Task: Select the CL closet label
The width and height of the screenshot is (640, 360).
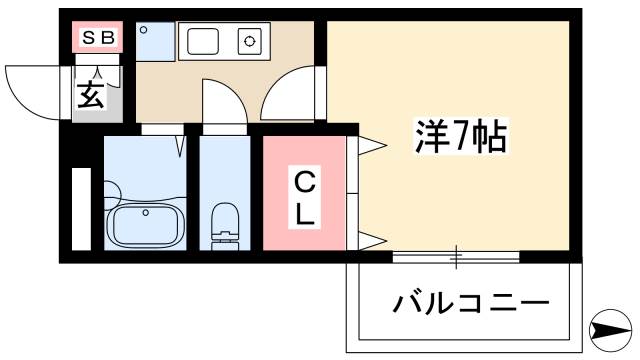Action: coord(305,197)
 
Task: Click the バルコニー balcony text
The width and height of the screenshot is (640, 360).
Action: coord(470,301)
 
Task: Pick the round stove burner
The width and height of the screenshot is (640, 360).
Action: coord(248,42)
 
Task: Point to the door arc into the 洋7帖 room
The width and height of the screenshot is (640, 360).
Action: coord(290,94)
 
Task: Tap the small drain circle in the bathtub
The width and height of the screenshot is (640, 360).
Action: coord(147,212)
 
